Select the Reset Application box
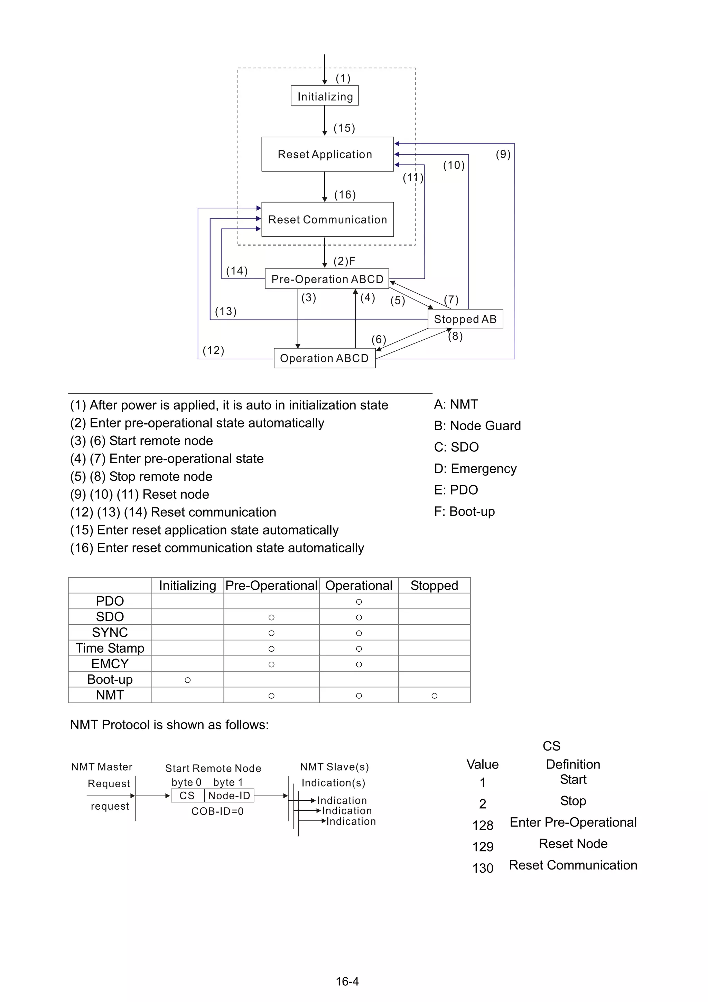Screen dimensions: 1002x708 coord(327,154)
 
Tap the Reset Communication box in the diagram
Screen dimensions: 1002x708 coord(327,220)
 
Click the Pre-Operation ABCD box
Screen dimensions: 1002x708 coord(327,279)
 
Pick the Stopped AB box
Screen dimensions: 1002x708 coord(465,319)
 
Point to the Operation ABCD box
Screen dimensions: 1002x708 coord(324,358)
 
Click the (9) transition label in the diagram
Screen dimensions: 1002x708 coord(503,154)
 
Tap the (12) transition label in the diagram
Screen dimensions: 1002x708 coord(213,350)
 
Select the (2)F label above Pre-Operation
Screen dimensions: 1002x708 coord(344,261)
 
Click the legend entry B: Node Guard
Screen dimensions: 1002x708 coord(477,425)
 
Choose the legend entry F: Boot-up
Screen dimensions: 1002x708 coord(464,511)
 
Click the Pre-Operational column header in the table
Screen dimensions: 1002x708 coord(271,585)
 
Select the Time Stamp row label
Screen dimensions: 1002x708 coord(110,648)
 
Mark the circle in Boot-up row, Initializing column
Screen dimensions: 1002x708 coord(188,680)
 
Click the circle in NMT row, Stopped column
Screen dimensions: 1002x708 coord(434,696)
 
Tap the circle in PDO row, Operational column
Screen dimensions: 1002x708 coord(358,602)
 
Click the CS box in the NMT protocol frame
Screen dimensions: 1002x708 coord(187,796)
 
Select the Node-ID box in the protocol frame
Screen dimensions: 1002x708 coord(229,796)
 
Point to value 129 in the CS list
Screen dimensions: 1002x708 coord(483,847)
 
